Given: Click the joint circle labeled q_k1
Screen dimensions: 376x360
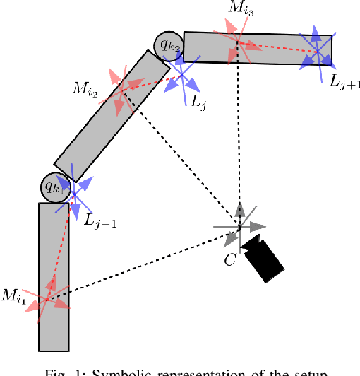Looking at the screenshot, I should click(54, 187).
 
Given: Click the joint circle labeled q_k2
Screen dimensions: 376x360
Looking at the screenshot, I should click(169, 46).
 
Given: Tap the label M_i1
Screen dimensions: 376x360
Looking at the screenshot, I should click(13, 297).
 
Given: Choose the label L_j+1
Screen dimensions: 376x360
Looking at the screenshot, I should click(344, 80).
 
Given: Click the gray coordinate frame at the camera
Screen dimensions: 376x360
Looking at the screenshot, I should click(240, 227).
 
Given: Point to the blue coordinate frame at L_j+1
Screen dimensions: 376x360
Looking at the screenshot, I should click(317, 48).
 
